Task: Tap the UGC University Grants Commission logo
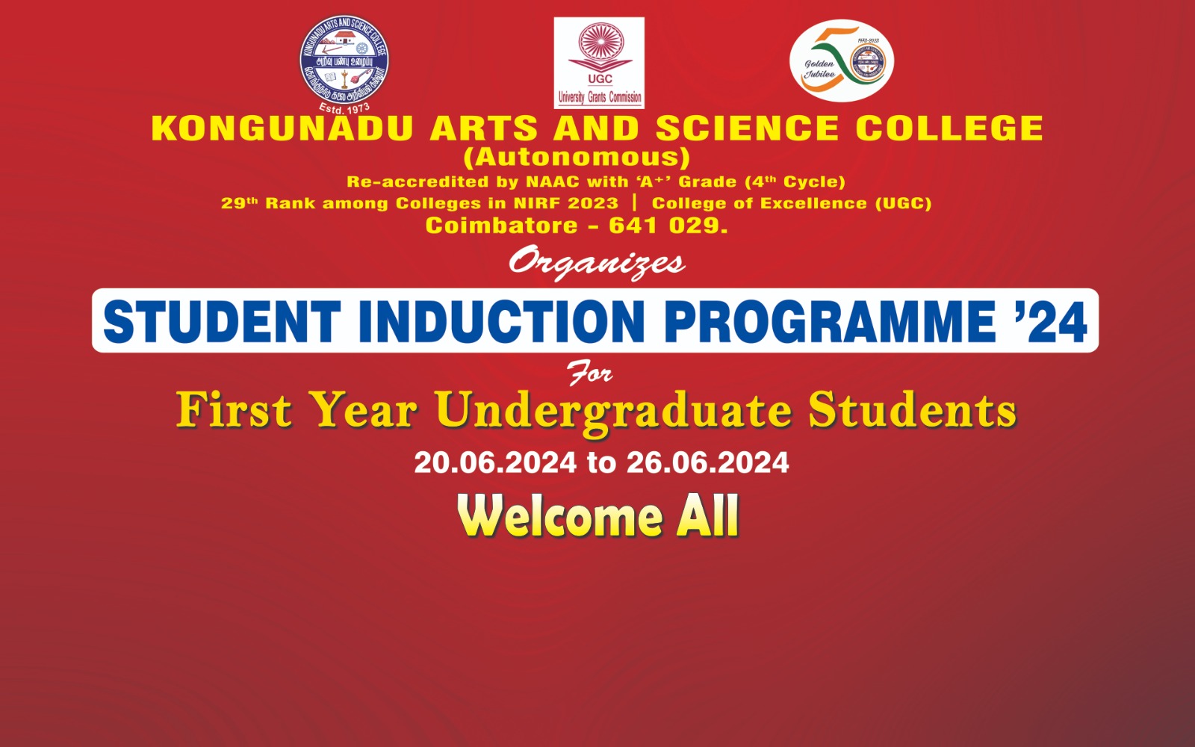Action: click(599, 63)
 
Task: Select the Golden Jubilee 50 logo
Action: click(842, 61)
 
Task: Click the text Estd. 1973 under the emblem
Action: click(344, 109)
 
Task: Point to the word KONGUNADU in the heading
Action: click(282, 128)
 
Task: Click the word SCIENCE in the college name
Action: click(747, 128)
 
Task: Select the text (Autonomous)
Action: click(577, 158)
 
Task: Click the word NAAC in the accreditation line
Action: click(553, 182)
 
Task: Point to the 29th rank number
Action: click(238, 203)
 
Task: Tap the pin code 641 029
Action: click(667, 226)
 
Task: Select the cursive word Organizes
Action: click(596, 263)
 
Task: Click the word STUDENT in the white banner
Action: click(222, 321)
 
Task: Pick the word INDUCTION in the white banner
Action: click(501, 321)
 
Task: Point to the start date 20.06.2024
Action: click(495, 462)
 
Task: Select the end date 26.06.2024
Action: click(707, 462)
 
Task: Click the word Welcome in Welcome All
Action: click(560, 516)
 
